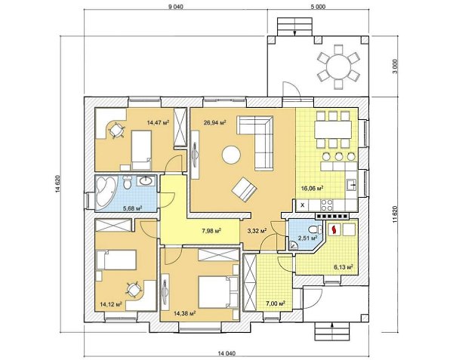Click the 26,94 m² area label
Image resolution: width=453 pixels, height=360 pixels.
tap(214, 123)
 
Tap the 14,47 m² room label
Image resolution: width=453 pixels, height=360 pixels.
tap(158, 122)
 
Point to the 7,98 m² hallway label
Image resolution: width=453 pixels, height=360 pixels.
tap(211, 231)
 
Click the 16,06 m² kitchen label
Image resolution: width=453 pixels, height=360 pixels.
tap(312, 188)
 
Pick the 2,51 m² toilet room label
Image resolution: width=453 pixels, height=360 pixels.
tap(308, 238)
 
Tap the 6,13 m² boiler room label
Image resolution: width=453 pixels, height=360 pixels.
tap(344, 267)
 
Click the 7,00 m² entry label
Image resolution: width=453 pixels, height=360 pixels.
tap(276, 303)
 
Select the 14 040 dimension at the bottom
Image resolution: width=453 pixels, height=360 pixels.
tap(226, 352)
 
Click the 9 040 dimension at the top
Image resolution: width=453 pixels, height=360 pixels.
tap(176, 7)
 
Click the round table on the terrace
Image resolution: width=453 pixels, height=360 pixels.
tap(339, 66)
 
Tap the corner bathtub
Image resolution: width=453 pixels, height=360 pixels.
tap(106, 192)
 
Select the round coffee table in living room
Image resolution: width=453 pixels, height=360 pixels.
tap(231, 155)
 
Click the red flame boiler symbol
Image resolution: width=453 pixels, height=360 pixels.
tap(334, 229)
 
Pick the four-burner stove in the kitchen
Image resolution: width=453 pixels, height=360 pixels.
tap(326, 205)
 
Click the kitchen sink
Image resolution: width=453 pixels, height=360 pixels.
tap(352, 185)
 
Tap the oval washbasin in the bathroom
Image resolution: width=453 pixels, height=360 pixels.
tap(146, 181)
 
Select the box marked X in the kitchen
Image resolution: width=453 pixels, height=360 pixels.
tap(303, 205)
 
